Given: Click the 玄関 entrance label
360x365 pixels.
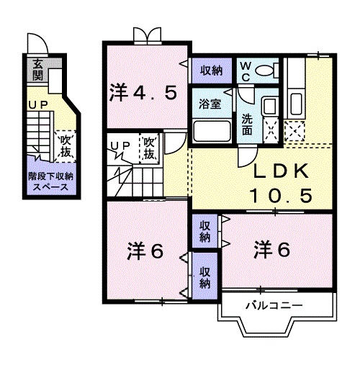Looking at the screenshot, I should pos(37,71).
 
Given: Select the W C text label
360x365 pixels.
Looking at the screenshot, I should pos(246,69).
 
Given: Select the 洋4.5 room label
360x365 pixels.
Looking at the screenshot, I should pos(144,92).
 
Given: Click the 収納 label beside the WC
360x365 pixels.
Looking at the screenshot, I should pos(211,70).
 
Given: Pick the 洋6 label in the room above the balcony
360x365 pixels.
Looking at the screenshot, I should pos(272,250).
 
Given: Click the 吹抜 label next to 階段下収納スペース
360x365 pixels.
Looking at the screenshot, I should pos(66,143).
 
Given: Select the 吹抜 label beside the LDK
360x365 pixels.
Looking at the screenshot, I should pos(150,148).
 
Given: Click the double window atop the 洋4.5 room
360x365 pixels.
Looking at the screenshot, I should pos(146,34).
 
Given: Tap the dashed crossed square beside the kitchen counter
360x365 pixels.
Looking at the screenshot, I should pos(295,130).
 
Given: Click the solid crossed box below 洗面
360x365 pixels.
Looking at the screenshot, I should pos(271,130).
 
